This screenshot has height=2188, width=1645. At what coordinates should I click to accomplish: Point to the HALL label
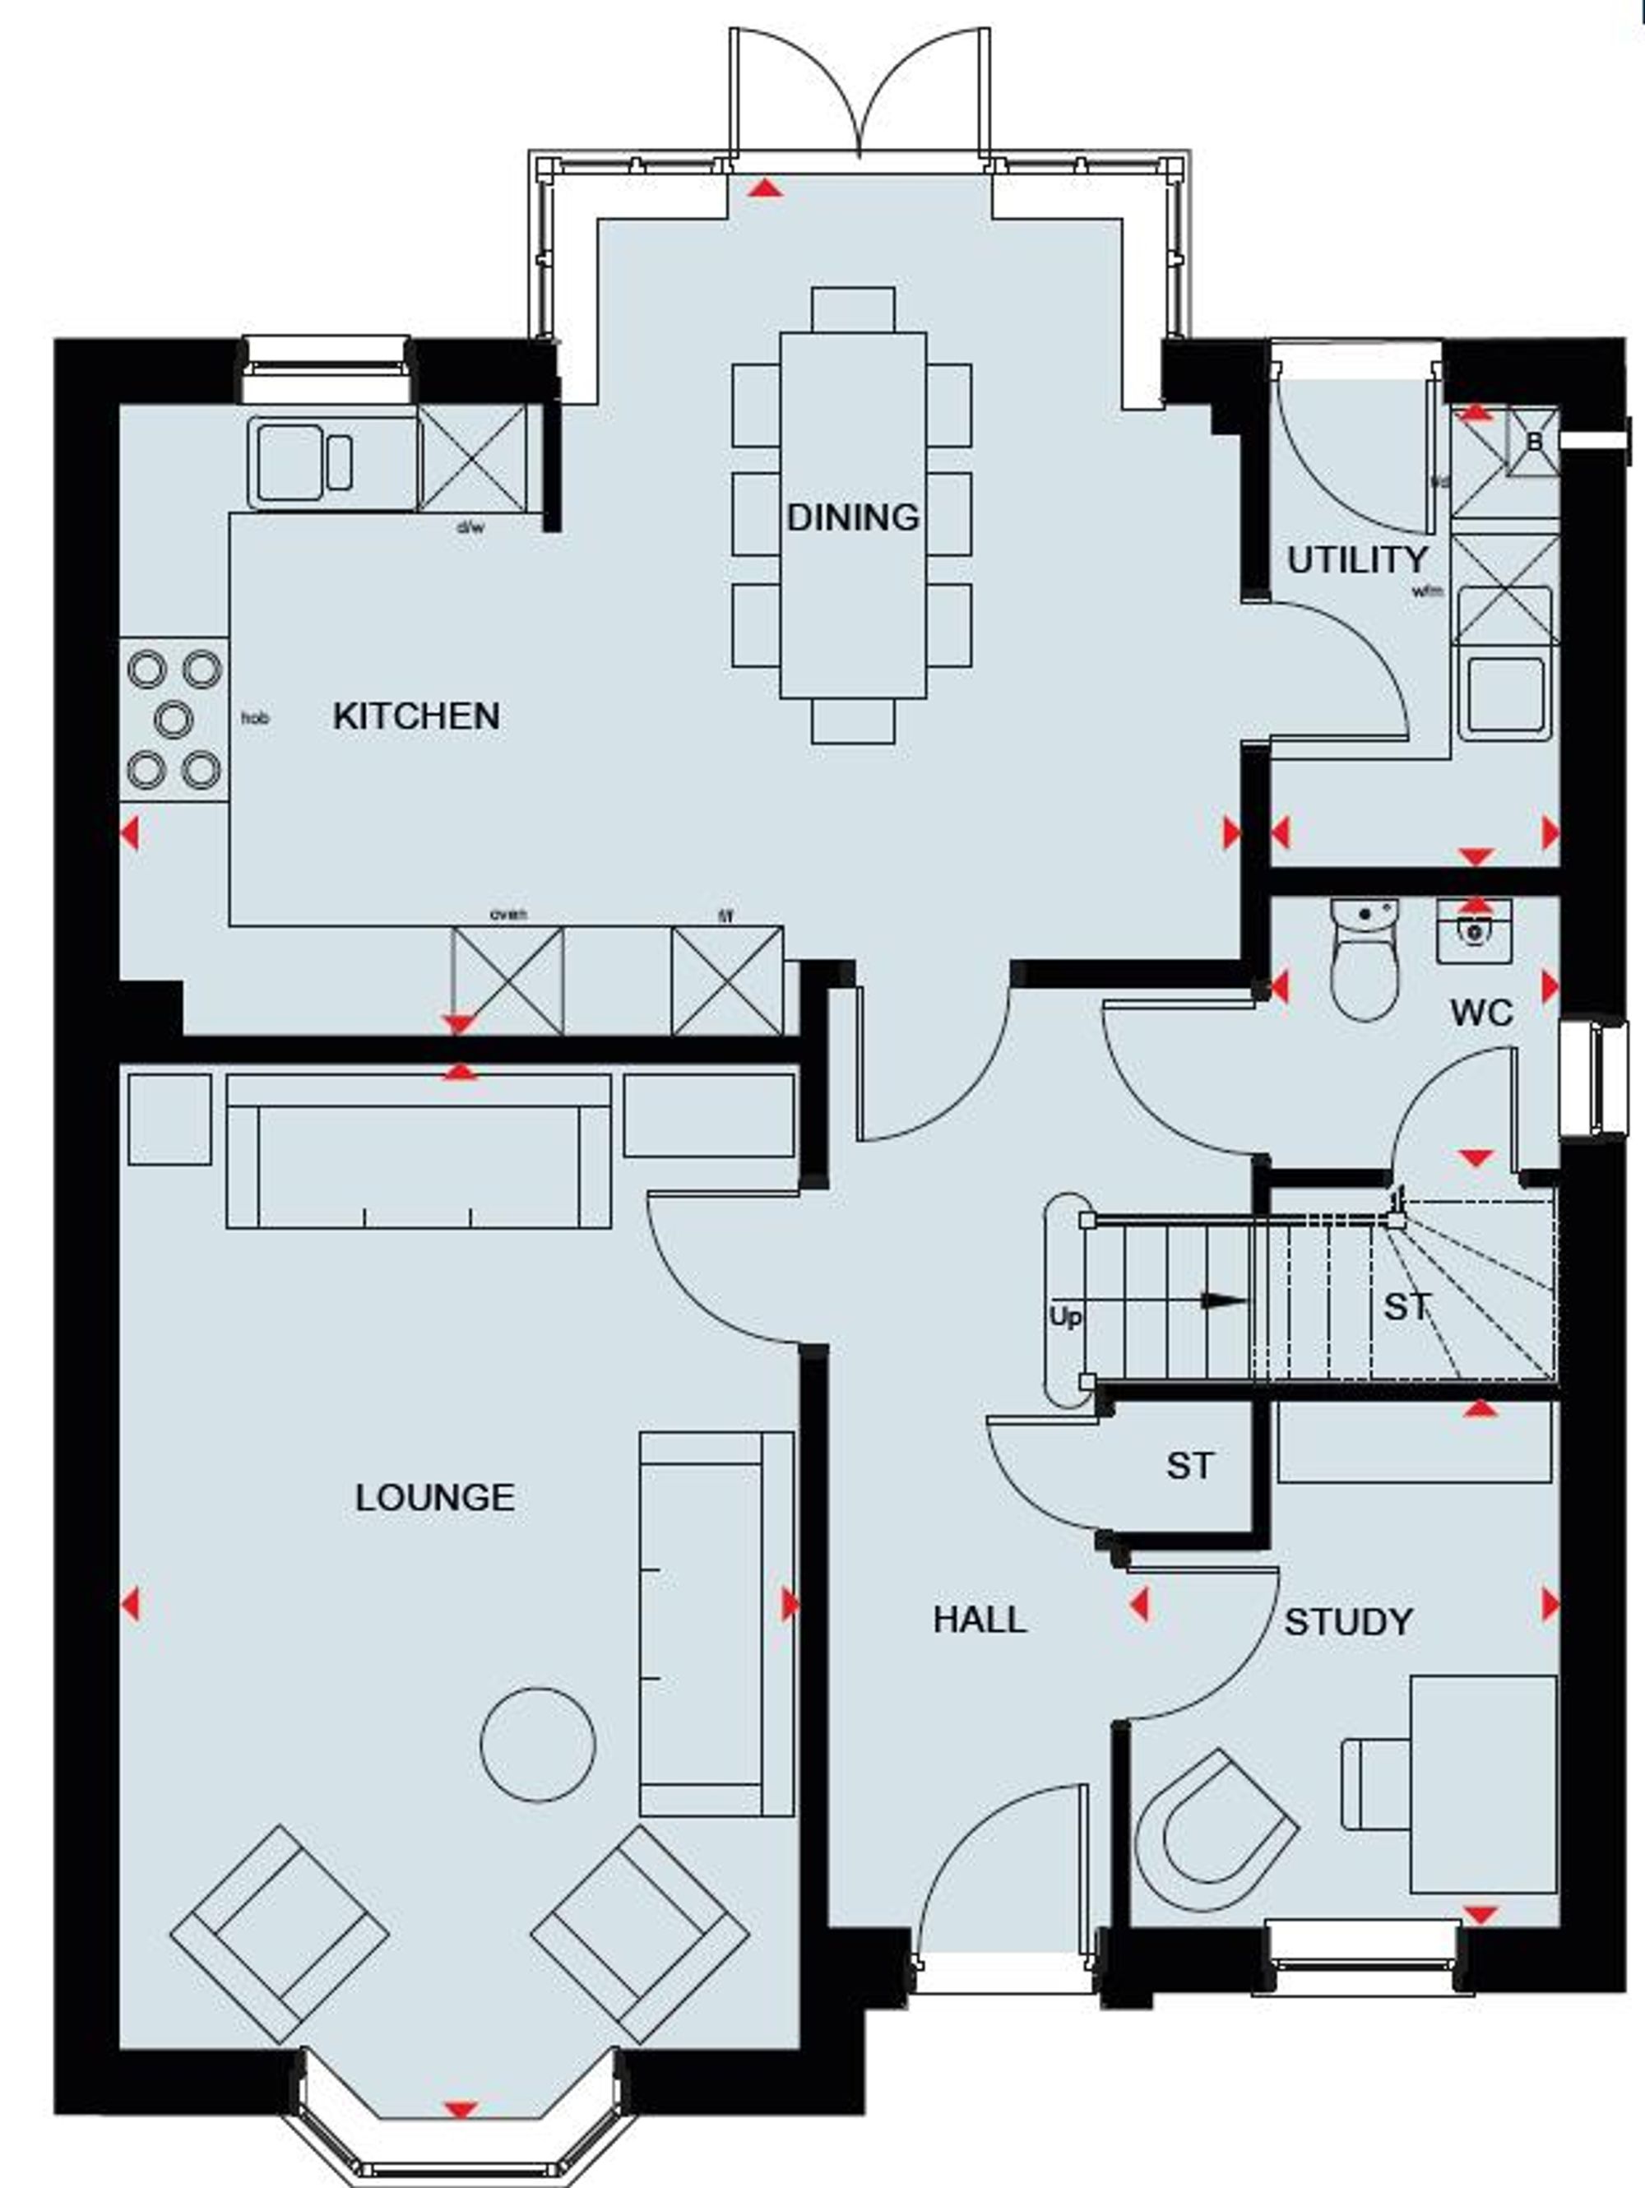tap(980, 1620)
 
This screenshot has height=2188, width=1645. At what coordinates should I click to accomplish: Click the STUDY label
tap(1348, 1622)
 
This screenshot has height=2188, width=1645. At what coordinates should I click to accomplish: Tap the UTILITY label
tap(1356, 560)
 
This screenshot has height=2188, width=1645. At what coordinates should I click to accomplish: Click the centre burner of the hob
tap(174, 719)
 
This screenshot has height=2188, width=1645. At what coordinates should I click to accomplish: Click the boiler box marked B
tap(1532, 443)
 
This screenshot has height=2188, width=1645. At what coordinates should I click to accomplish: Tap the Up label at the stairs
tap(1064, 1318)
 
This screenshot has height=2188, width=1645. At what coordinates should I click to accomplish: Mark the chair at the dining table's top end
tap(853, 309)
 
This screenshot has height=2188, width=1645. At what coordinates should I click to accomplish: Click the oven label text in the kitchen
tap(507, 915)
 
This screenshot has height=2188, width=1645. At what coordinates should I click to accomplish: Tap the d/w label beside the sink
tap(470, 528)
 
